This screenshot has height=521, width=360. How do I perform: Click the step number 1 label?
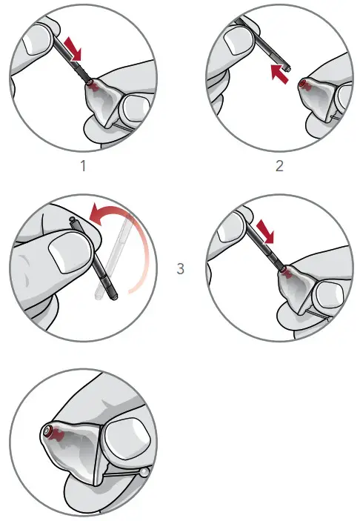(84, 165)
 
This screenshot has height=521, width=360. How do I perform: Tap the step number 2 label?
(279, 165)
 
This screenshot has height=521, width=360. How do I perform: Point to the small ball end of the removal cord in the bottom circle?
(144, 471)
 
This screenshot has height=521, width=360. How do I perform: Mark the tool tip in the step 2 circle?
(286, 67)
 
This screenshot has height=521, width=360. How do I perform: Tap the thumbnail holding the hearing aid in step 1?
(133, 110)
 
